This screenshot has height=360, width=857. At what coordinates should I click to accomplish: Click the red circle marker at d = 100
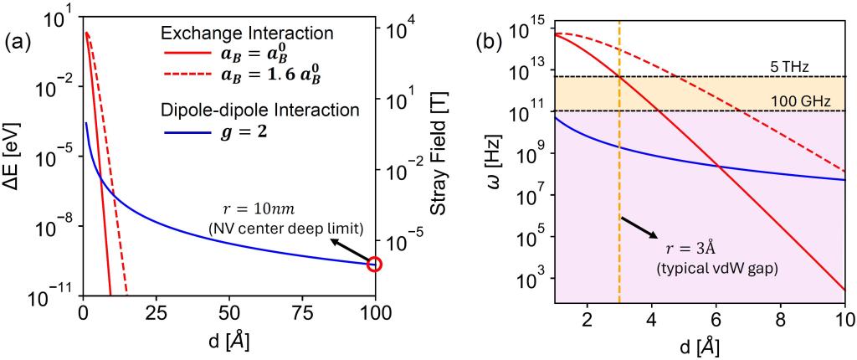point(374,265)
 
